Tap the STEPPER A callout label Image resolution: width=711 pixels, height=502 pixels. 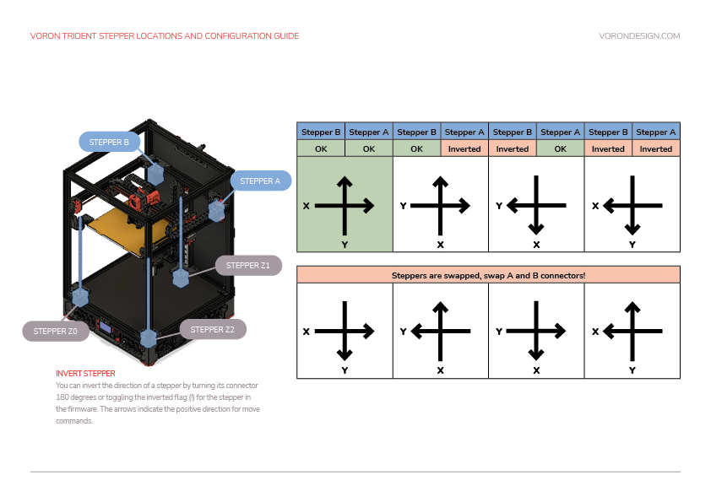[259, 181]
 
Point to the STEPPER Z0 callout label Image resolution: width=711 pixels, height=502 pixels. [55, 332]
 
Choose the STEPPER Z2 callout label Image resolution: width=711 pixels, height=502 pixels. [212, 329]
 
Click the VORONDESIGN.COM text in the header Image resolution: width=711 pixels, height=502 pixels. [638, 36]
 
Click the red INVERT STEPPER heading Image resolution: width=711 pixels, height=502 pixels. [85, 373]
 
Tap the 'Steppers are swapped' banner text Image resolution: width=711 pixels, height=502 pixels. [488, 275]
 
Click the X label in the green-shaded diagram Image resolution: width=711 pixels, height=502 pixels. [306, 205]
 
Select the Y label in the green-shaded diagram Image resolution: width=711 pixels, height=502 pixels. [345, 245]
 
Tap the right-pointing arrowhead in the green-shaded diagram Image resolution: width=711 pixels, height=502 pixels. [370, 205]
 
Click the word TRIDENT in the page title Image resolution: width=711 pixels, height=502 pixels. [84, 36]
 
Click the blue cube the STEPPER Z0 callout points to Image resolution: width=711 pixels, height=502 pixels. [81, 297]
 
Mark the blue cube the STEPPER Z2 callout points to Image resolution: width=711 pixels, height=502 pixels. [149, 338]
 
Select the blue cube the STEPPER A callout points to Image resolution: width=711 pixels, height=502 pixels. [218, 211]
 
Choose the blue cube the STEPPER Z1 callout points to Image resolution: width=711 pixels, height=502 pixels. [181, 278]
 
